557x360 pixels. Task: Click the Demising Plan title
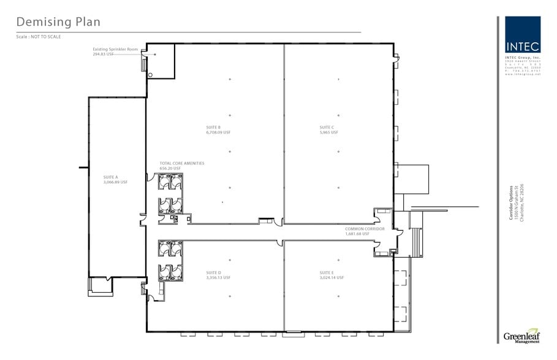click(x=58, y=22)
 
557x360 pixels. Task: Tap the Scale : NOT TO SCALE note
click(x=39, y=37)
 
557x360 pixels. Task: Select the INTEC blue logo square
click(x=523, y=34)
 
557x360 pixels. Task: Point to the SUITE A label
click(x=110, y=177)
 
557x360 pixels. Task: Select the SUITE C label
click(x=327, y=127)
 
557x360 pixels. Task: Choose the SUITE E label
click(x=326, y=272)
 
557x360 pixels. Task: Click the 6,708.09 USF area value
click(x=218, y=132)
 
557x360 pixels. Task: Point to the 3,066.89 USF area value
click(x=115, y=182)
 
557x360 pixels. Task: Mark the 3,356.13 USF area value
click(x=218, y=277)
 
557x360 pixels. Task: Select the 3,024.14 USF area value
click(x=332, y=277)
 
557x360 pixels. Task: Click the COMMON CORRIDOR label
click(x=365, y=228)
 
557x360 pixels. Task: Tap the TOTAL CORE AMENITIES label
click(x=181, y=163)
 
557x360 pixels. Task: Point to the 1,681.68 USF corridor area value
click(x=357, y=233)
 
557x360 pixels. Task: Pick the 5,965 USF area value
click(x=328, y=132)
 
